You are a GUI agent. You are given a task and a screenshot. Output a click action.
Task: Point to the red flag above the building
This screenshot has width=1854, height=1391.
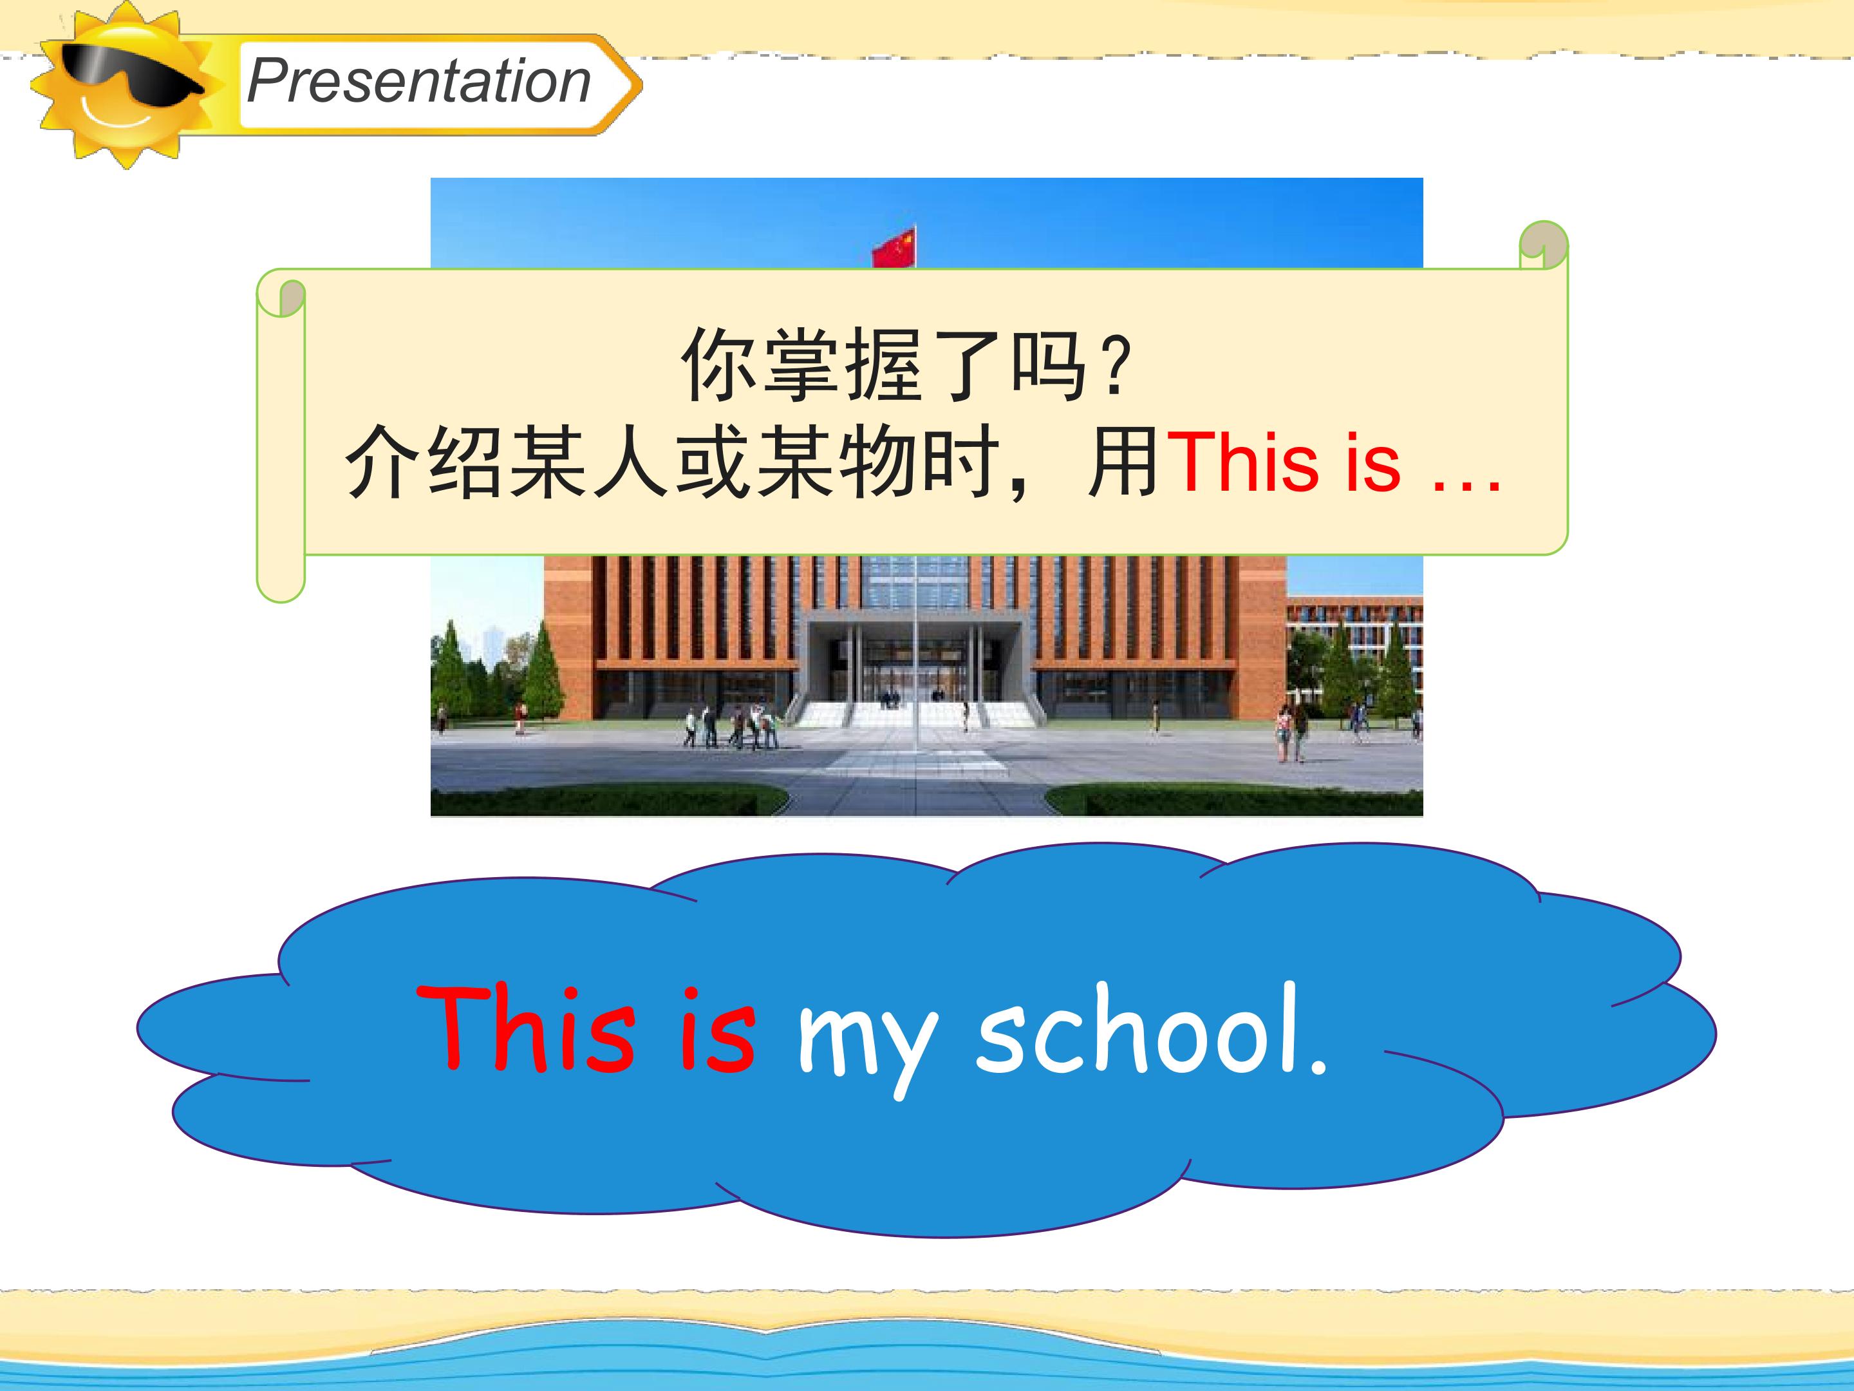894,247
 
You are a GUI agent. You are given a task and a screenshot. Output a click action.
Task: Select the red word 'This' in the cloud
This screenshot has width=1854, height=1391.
524,1030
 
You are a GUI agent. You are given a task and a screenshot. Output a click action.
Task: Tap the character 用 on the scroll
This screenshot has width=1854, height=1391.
1124,461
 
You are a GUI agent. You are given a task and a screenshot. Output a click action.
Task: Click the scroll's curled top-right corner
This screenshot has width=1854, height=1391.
1543,245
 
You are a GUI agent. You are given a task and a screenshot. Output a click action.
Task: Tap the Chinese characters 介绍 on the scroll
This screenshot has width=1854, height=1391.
424,461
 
